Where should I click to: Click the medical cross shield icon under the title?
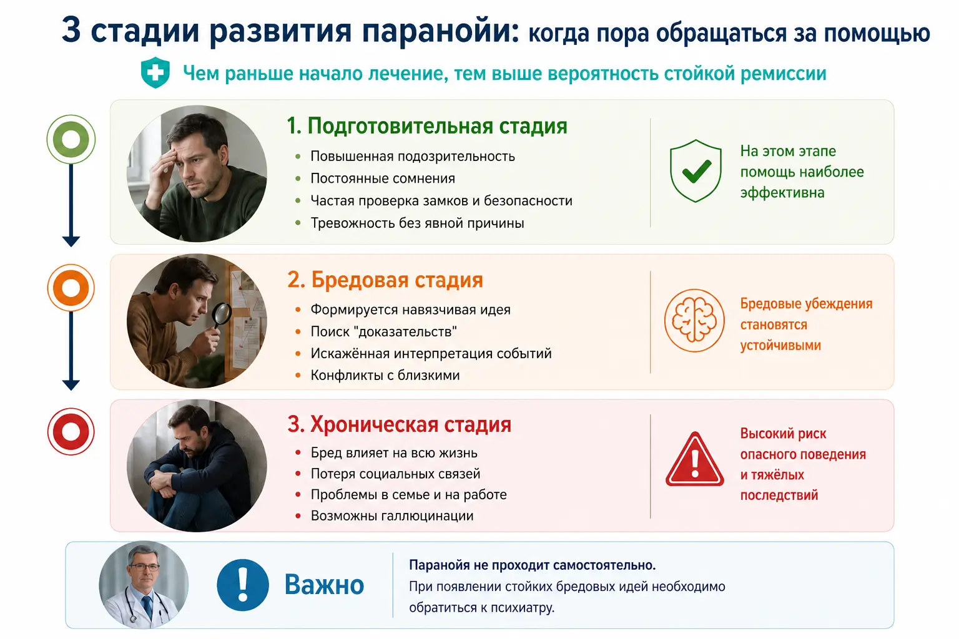(155, 72)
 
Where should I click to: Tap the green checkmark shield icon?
(696, 170)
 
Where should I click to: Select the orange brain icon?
(694, 320)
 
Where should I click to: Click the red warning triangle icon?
(694, 459)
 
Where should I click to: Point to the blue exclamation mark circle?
(243, 585)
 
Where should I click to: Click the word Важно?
(324, 585)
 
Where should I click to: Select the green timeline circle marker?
(71, 139)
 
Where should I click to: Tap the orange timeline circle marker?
(71, 288)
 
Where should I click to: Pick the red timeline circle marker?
(71, 431)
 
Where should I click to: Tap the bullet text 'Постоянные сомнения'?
(383, 178)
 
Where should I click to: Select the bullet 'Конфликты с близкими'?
(385, 376)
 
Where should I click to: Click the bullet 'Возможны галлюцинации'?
(392, 515)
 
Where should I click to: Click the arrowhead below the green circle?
(71, 241)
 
